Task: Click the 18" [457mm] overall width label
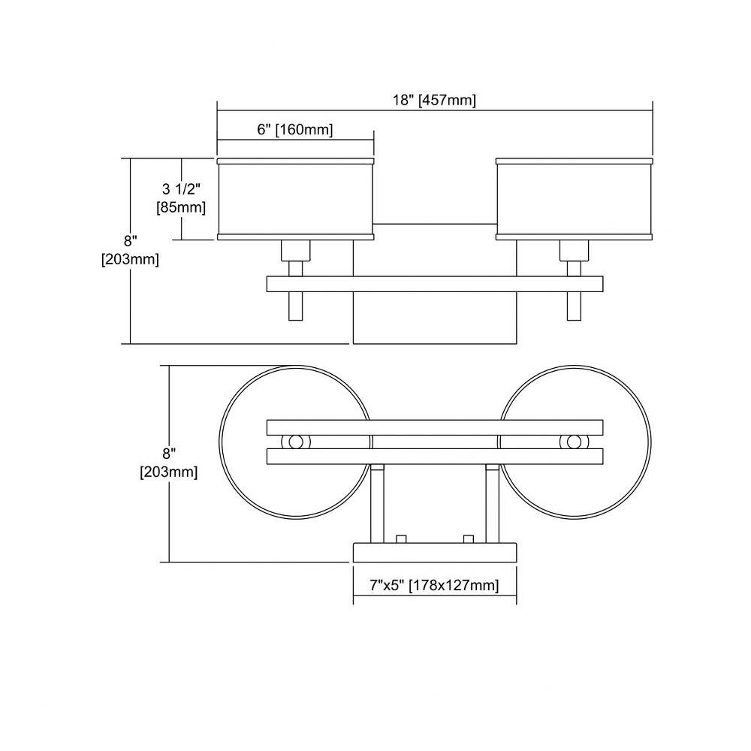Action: coord(434,101)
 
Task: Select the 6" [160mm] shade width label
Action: coord(294,129)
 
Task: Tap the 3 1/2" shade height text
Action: coord(180,189)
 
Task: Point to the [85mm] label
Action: coord(181,208)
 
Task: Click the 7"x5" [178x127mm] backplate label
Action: coord(434,585)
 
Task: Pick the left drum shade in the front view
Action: coord(295,198)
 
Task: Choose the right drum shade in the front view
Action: coord(574,198)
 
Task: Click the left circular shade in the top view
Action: coord(220,442)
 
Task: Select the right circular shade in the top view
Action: coord(650,442)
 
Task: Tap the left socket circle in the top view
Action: coord(295,442)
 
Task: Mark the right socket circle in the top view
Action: coord(574,442)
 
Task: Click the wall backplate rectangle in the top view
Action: coord(434,552)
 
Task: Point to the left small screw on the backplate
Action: coord(401,538)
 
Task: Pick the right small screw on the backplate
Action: coord(469,538)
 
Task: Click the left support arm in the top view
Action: coord(378,503)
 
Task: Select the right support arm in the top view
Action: coord(493,503)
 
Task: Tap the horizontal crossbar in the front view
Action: coord(434,284)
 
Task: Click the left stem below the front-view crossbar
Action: coord(295,306)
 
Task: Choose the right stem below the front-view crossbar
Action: coord(574,306)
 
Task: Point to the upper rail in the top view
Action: coord(434,428)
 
